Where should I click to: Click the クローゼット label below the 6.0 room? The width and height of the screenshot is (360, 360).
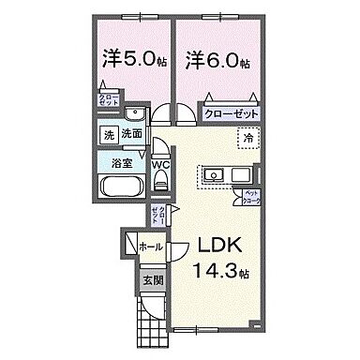click(231, 112)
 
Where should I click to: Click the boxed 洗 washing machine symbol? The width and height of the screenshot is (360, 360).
click(110, 134)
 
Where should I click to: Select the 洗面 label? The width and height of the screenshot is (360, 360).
click(131, 134)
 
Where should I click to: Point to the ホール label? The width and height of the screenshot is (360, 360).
click(150, 247)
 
